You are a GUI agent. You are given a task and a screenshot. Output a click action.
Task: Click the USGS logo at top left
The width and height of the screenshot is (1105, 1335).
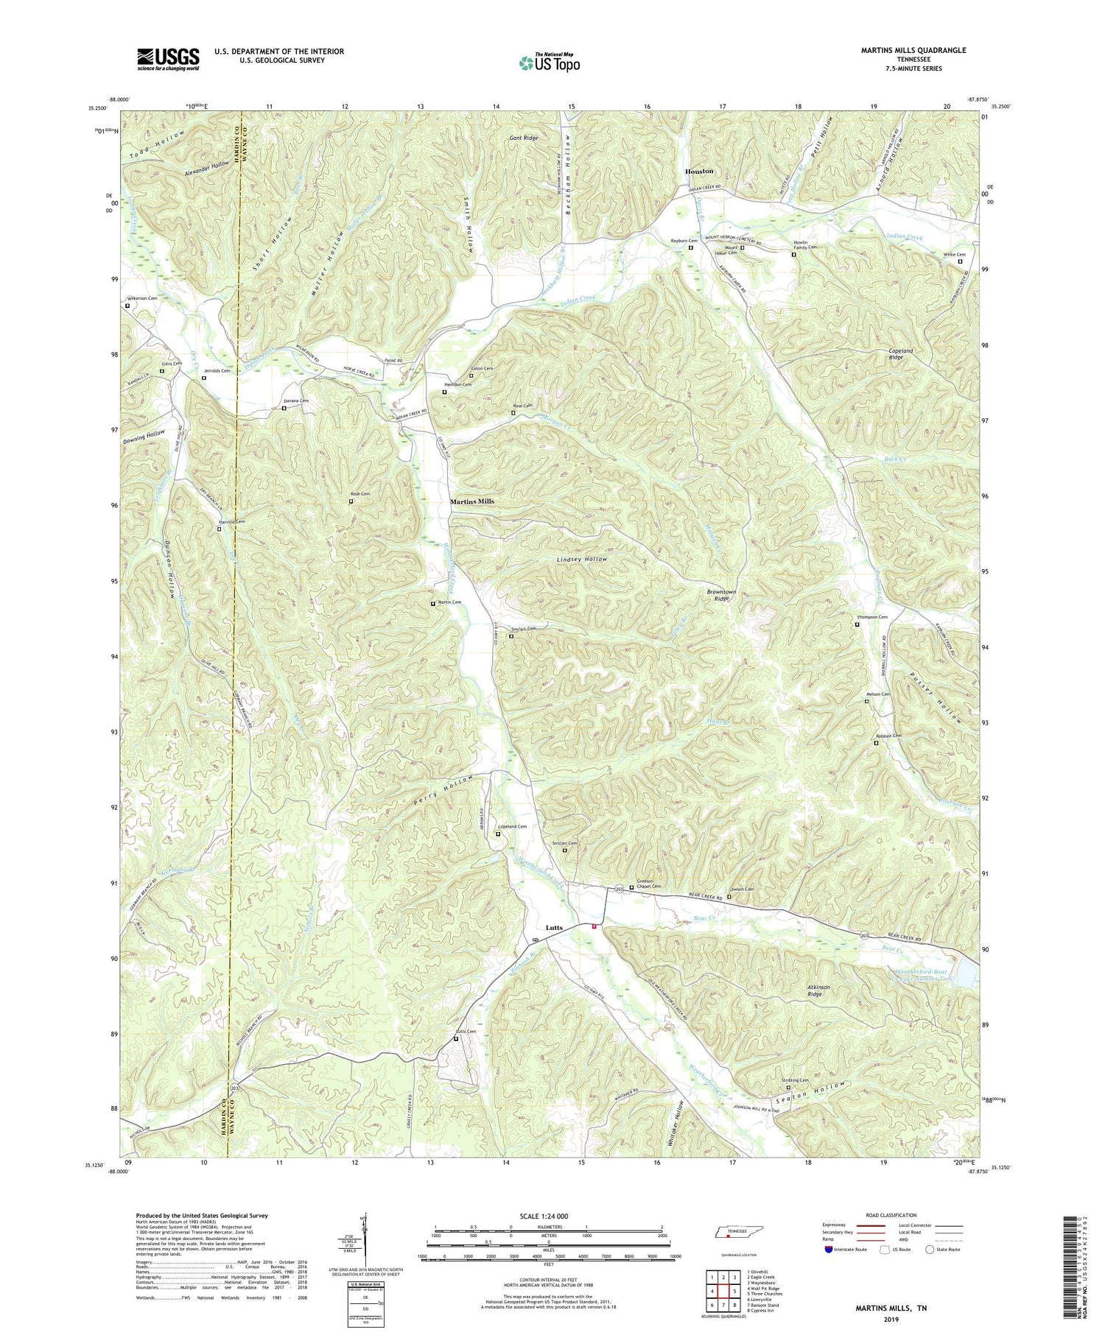(x=167, y=59)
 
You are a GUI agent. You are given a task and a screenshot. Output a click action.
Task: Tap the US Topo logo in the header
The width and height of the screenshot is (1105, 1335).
(x=549, y=63)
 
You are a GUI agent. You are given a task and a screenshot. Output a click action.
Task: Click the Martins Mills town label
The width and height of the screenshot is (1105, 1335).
(x=472, y=501)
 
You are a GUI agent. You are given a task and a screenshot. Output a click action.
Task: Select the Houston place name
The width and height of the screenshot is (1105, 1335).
(x=699, y=171)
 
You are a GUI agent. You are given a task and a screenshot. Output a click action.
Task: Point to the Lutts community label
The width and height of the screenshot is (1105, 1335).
(x=554, y=928)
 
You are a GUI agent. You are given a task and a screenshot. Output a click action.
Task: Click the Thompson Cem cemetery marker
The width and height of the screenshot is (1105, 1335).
(x=857, y=624)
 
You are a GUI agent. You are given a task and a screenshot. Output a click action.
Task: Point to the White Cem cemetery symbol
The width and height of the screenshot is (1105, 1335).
(x=959, y=261)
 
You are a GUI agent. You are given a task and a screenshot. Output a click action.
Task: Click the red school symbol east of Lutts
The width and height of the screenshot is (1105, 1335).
(x=594, y=927)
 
